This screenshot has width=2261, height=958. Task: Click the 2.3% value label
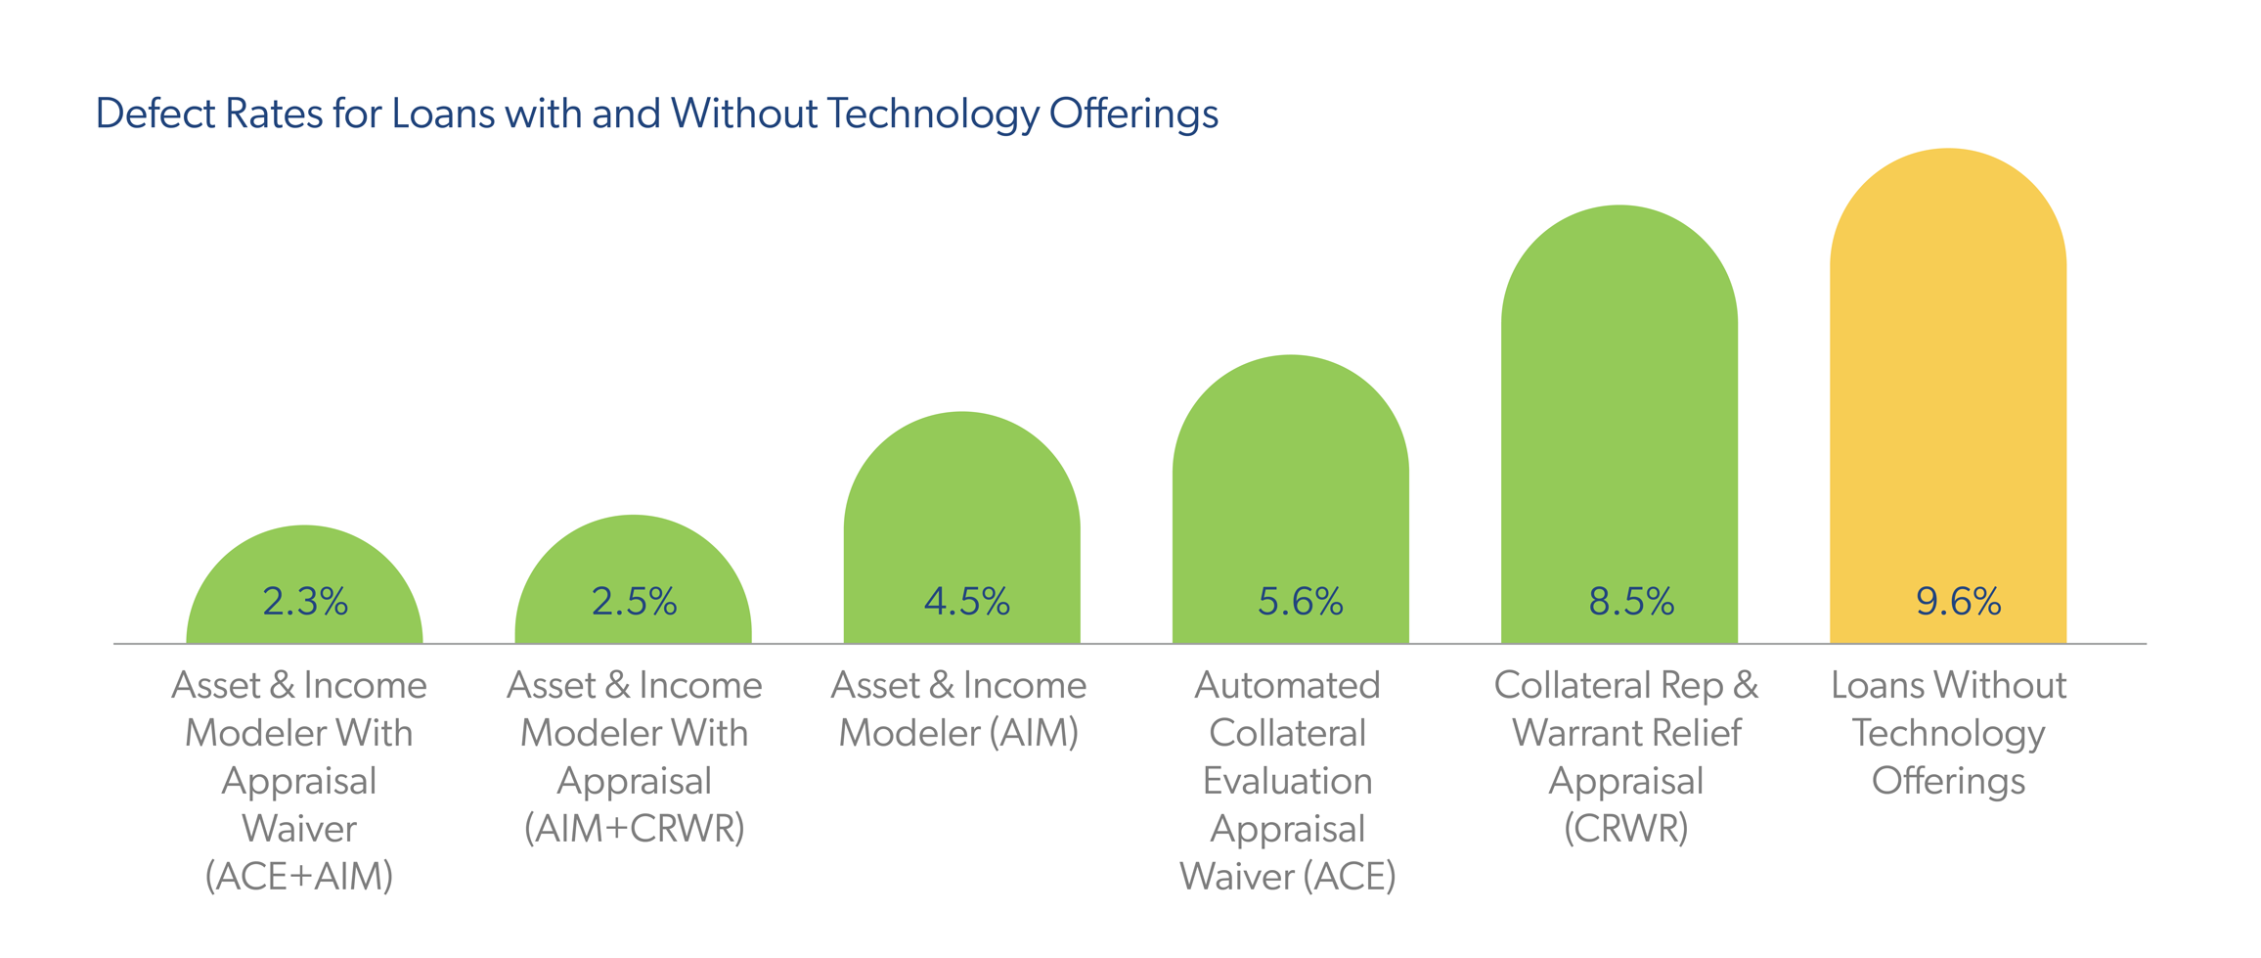pyautogui.click(x=305, y=602)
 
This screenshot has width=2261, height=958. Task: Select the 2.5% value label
pyautogui.click(x=634, y=602)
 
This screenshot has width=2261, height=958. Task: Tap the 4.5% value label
pyautogui.click(x=966, y=602)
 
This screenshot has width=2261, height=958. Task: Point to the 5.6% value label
pyautogui.click(x=1300, y=602)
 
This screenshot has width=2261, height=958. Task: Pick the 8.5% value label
pyautogui.click(x=1631, y=602)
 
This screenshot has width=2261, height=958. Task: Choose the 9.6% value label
pyautogui.click(x=1958, y=602)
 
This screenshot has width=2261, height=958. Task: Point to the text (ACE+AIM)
pyautogui.click(x=299, y=877)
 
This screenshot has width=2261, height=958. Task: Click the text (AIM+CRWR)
pyautogui.click(x=635, y=829)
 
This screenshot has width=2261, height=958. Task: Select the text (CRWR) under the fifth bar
pyautogui.click(x=1626, y=829)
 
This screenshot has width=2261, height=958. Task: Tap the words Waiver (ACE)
pyautogui.click(x=1287, y=877)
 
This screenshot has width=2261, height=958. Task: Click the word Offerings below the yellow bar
pyautogui.click(x=1948, y=781)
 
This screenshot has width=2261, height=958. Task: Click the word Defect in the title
pyautogui.click(x=155, y=114)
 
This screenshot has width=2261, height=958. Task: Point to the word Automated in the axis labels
pyautogui.click(x=1287, y=685)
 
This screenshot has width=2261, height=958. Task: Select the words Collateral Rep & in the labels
pyautogui.click(x=1626, y=685)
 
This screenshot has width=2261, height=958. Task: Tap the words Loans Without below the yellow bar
pyautogui.click(x=1948, y=685)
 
